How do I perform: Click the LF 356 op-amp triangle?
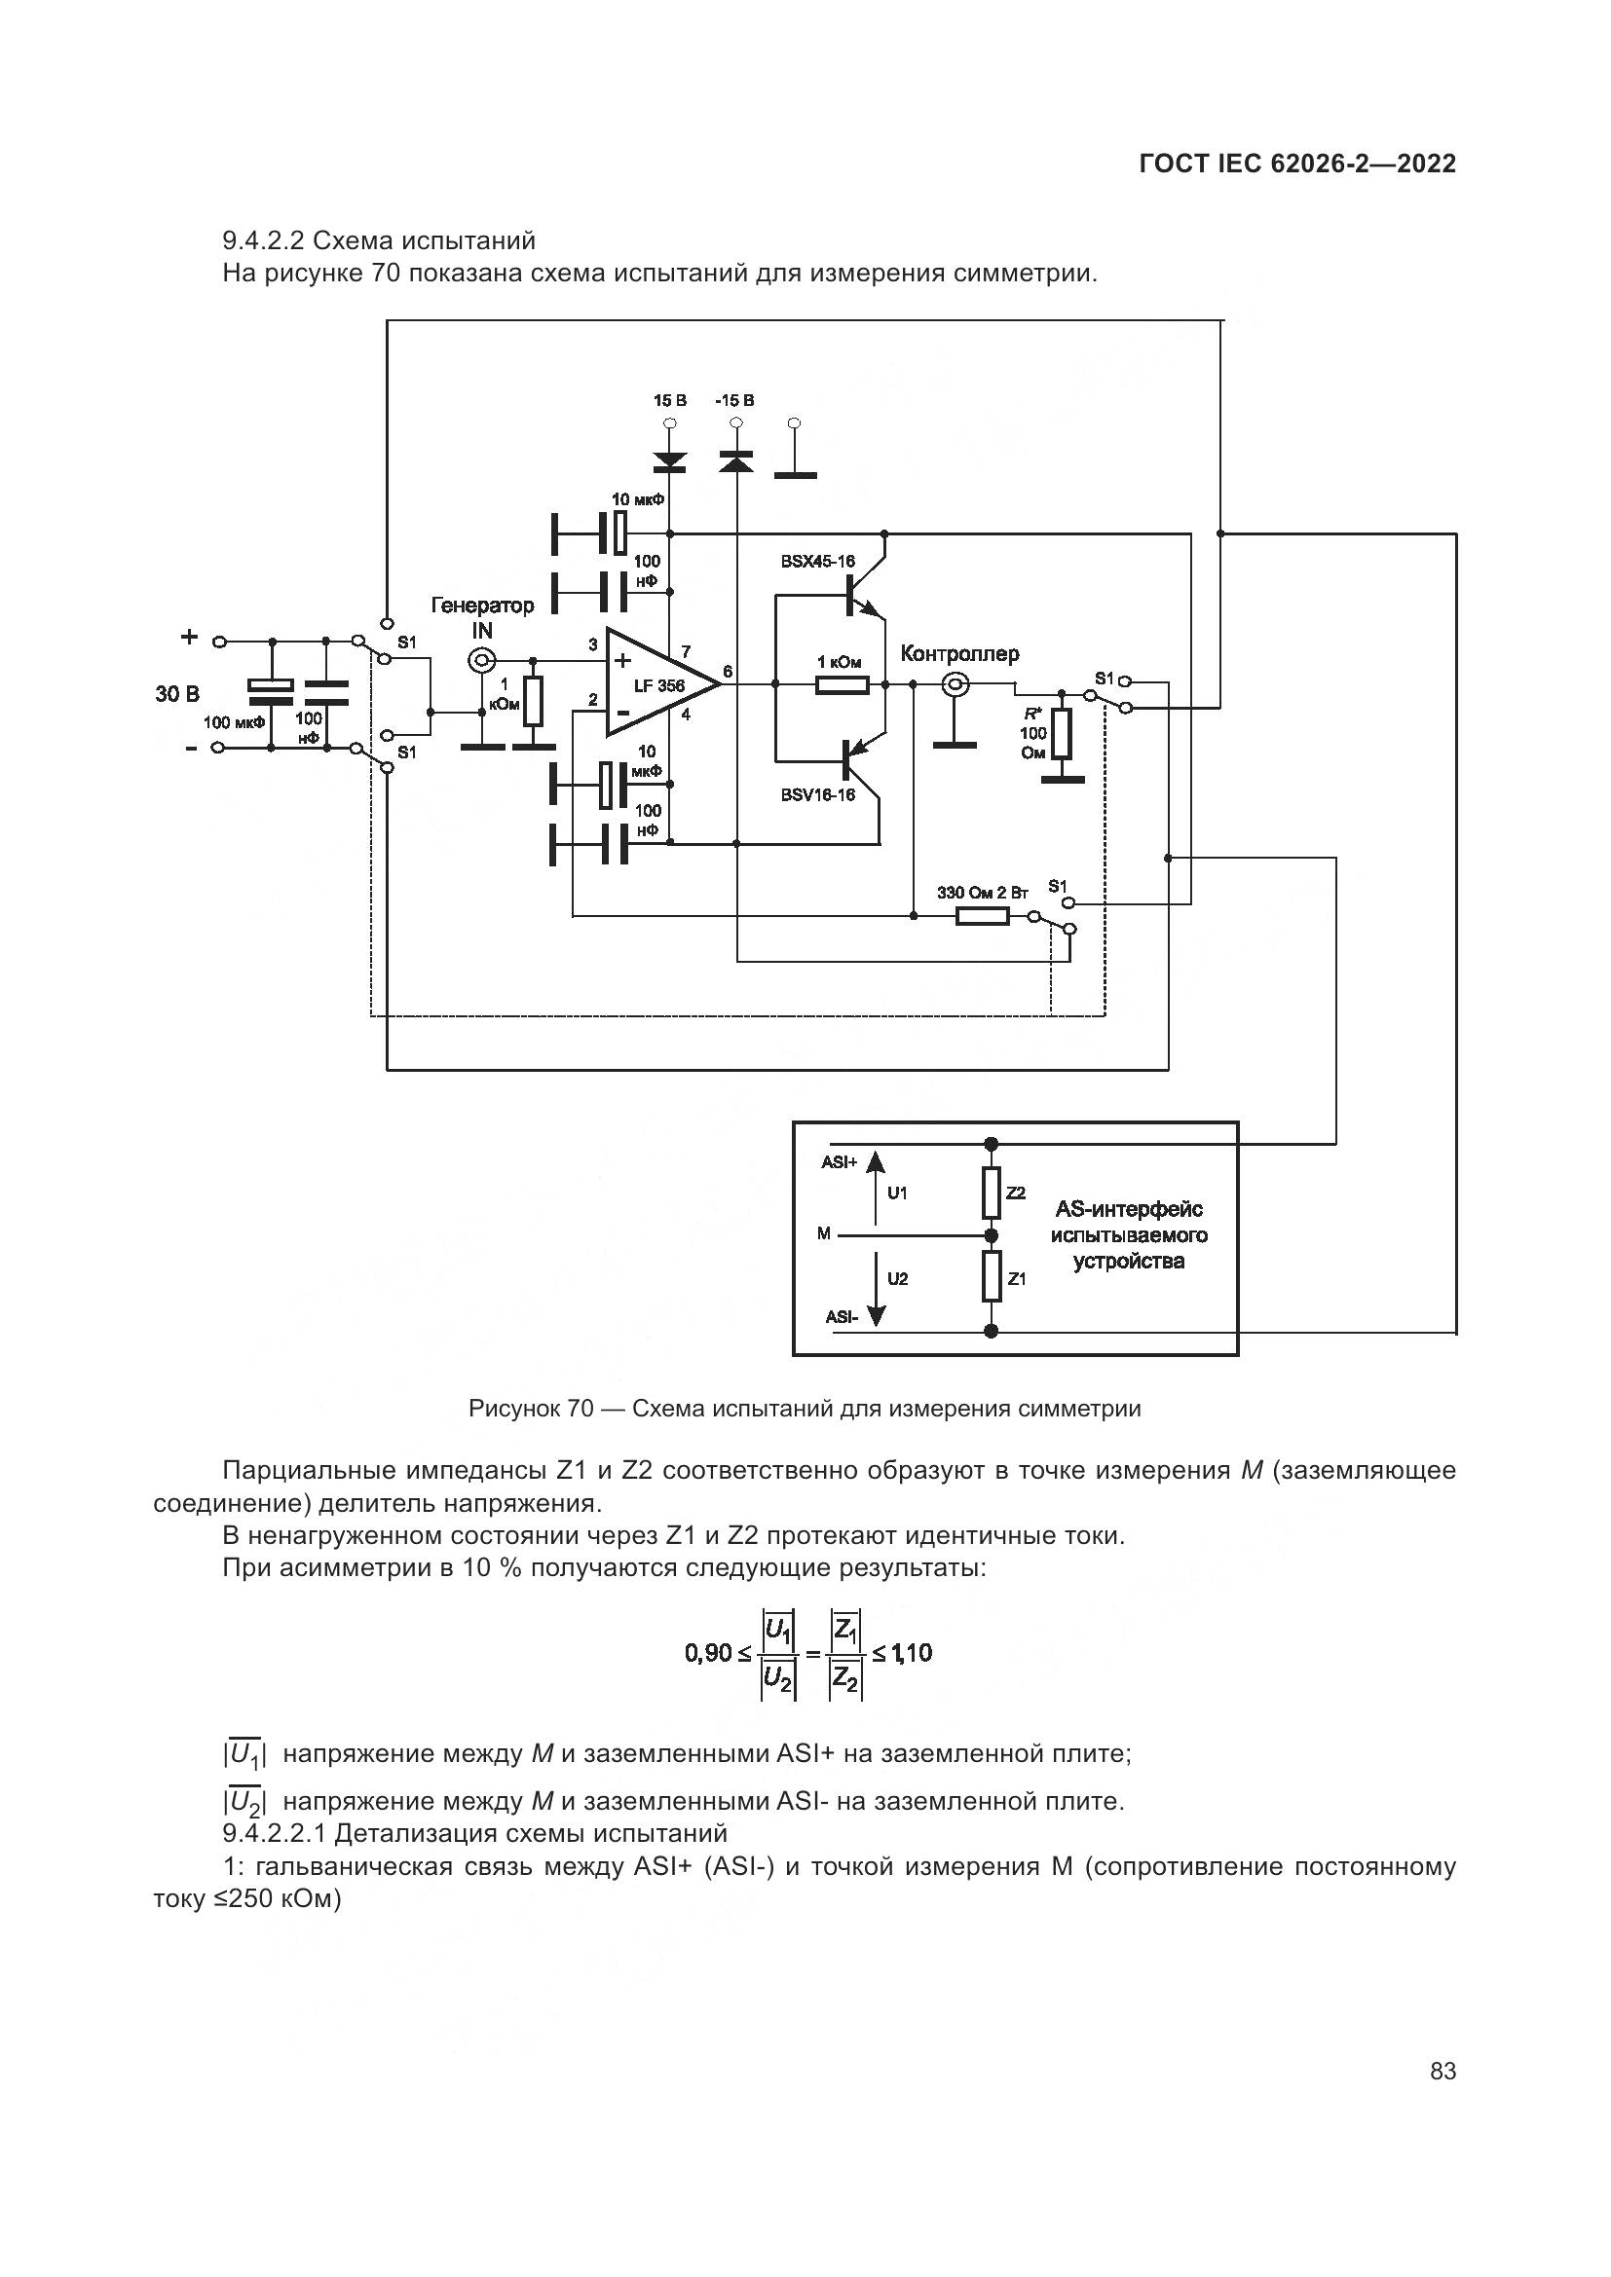[655, 683]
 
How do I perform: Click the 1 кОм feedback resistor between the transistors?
[842, 683]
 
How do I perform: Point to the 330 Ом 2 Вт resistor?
[981, 915]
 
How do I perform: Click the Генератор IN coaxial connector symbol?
[482, 660]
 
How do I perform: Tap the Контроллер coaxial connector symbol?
[956, 683]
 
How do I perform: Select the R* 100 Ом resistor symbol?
[1062, 733]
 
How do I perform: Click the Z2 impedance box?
[991, 1194]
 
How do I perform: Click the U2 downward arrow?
[875, 1287]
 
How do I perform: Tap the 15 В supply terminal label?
[669, 401]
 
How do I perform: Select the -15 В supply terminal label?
[734, 401]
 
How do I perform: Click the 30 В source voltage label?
[176, 693]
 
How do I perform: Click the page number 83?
[1442, 2071]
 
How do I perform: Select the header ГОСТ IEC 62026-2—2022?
[1296, 165]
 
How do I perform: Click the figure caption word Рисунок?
[515, 1409]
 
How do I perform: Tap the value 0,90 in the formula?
[708, 1653]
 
